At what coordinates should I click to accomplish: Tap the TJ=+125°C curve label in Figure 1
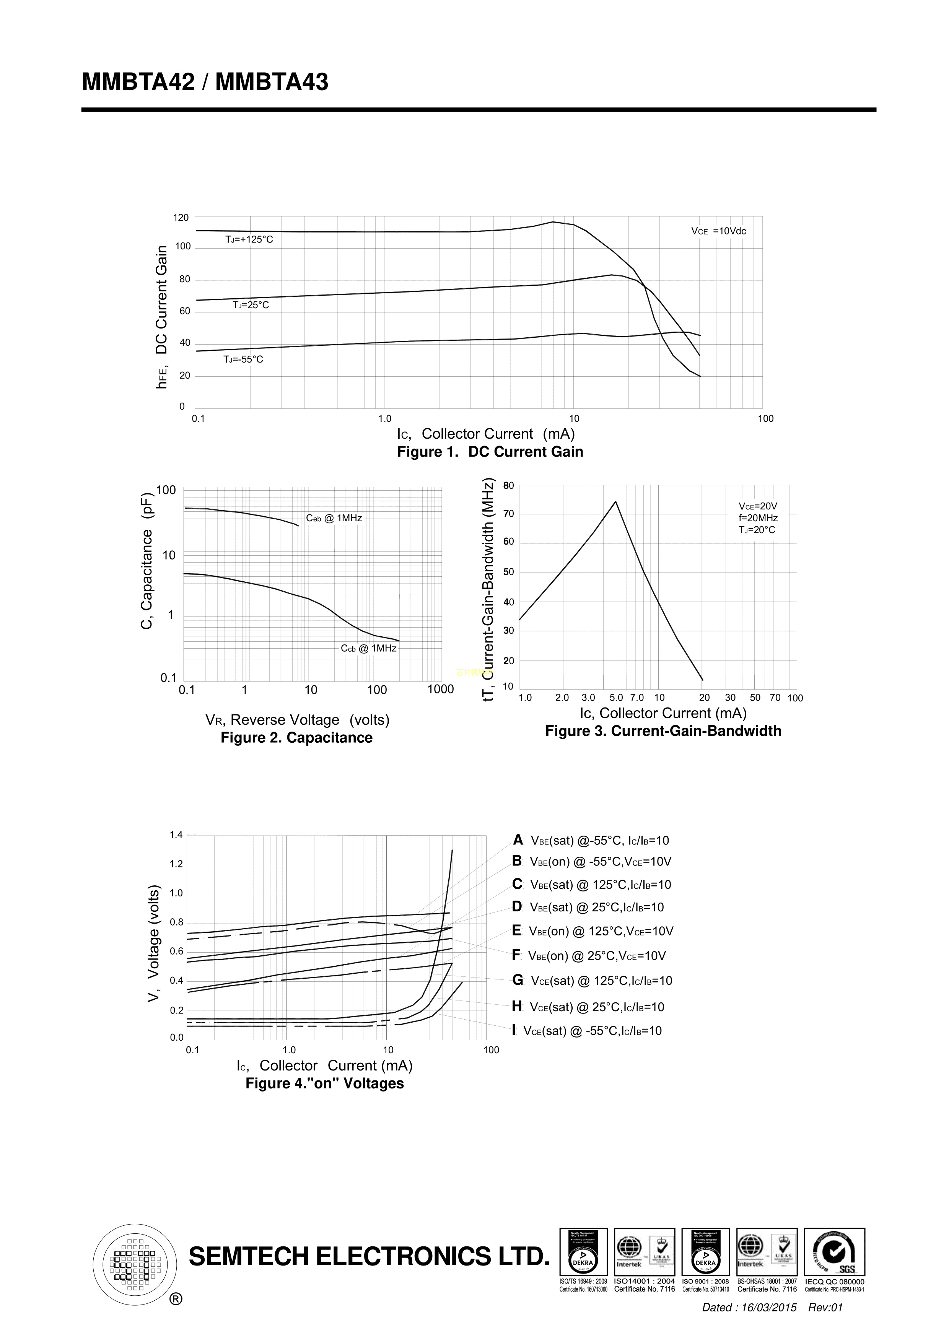point(249,240)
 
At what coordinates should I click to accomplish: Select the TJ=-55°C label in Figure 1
point(243,359)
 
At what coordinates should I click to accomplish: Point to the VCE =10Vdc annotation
point(719,231)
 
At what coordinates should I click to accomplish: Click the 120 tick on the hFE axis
point(181,218)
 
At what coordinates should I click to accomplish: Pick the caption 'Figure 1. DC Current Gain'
point(490,452)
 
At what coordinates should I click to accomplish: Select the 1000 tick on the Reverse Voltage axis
point(440,689)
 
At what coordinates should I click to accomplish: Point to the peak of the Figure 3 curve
point(616,501)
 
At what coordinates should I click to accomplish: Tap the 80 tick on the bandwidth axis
point(508,486)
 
